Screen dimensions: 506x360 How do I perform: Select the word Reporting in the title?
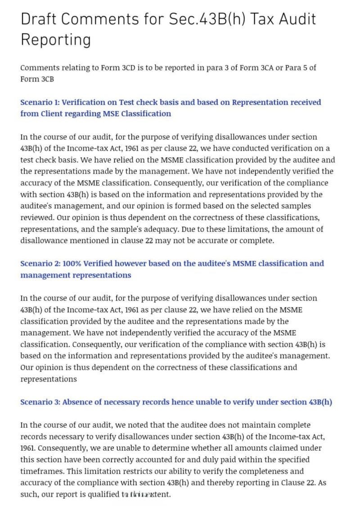point(56,40)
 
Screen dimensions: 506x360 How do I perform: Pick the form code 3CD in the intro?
point(127,68)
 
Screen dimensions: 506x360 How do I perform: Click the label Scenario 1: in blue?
point(39,102)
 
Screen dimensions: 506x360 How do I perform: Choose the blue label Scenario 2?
point(40,263)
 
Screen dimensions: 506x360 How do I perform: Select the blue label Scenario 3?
point(40,402)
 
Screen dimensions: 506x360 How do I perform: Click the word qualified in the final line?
point(104,494)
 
